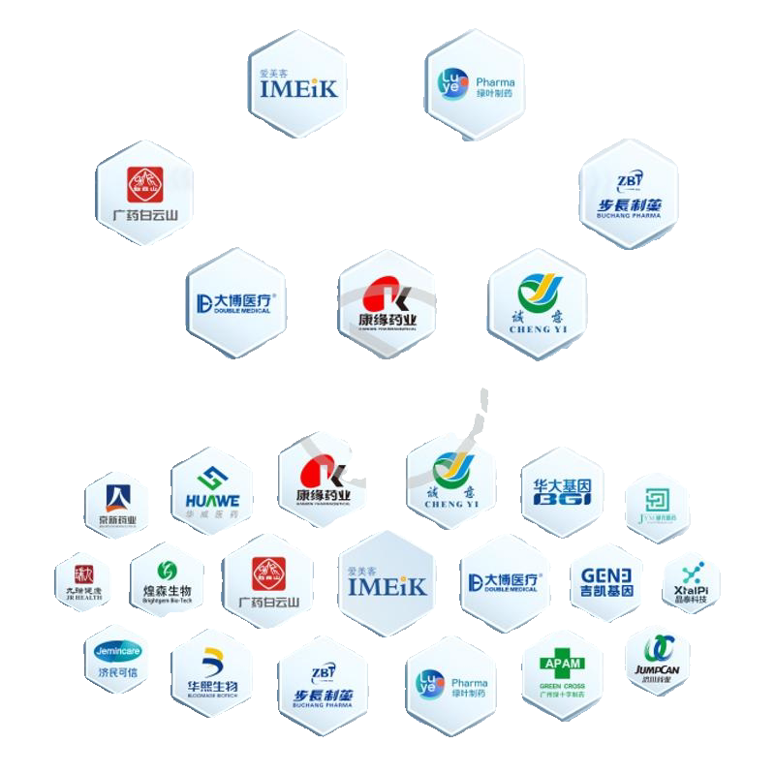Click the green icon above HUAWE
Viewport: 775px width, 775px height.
211,477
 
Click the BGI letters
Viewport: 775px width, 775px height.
562,504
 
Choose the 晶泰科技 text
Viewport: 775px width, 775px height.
690,600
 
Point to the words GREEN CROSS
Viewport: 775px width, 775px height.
563,686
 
